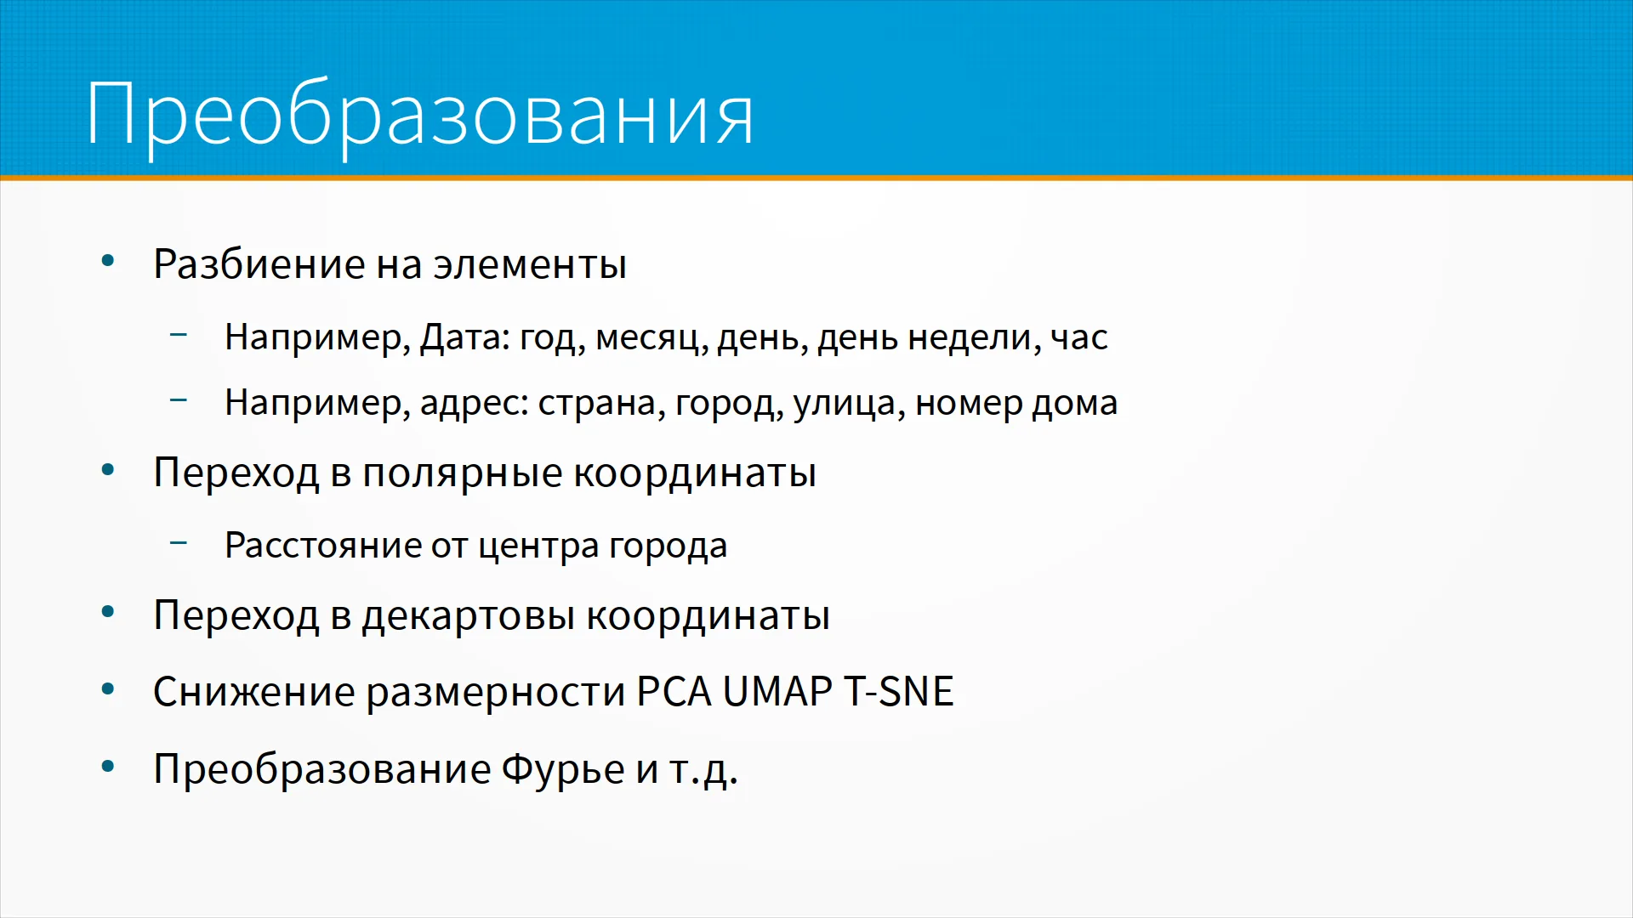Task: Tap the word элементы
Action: (x=530, y=265)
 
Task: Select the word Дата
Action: (x=464, y=337)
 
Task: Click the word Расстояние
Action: (x=322, y=545)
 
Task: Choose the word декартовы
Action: (x=469, y=616)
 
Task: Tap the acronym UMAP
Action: (x=777, y=691)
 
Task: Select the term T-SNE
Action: (x=898, y=691)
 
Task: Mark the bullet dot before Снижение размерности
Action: (x=108, y=689)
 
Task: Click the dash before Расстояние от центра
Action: (x=179, y=541)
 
